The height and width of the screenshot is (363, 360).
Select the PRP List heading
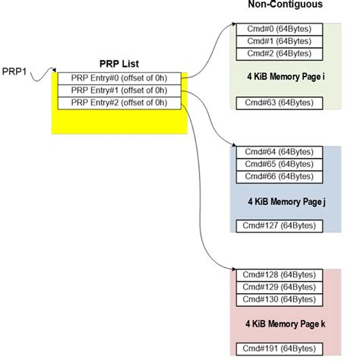pos(120,64)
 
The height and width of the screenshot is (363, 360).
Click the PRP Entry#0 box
pos(120,78)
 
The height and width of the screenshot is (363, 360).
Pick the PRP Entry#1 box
pos(120,90)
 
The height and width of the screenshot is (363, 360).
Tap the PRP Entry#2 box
pos(120,103)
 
